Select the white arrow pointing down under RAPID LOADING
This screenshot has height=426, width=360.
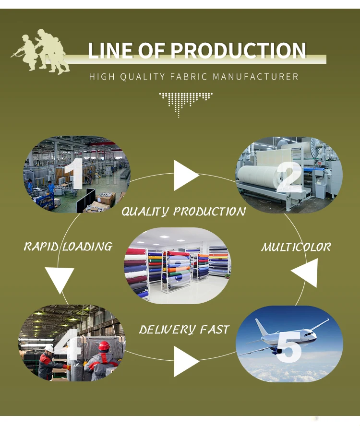pos(60,280)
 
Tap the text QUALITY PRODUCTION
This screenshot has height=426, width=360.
pos(183,212)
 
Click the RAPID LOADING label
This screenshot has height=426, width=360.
pos(68,247)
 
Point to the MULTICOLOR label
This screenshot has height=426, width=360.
pos(296,248)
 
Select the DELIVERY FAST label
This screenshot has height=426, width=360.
pos(184,330)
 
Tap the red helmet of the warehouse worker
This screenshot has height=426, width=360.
pos(104,346)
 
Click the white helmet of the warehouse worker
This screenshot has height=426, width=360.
pos(49,349)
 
